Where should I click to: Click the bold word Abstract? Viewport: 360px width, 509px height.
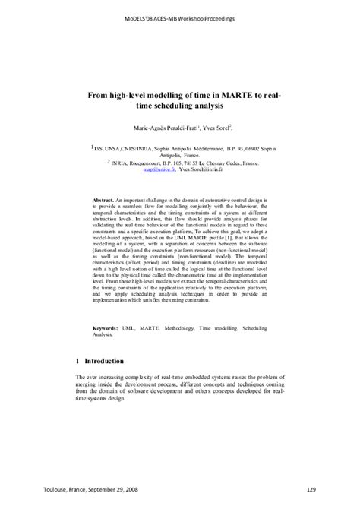104,199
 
